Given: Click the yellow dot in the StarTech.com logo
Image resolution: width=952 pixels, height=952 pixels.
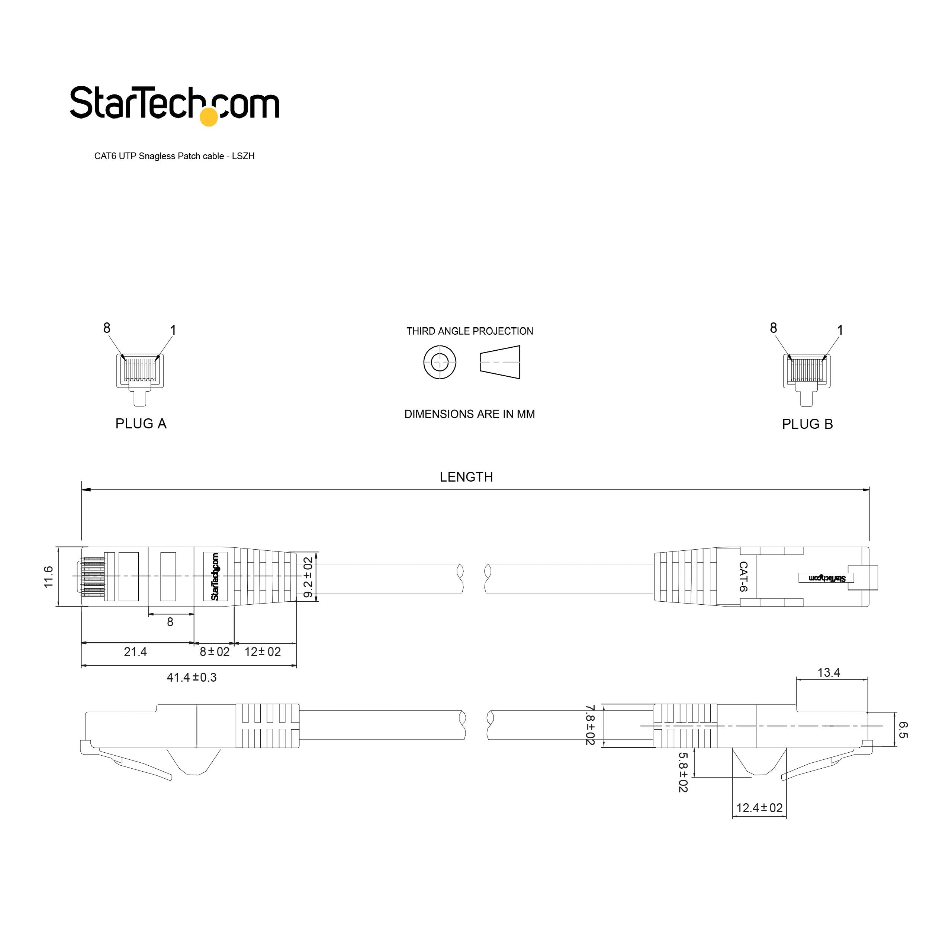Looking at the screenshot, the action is [x=209, y=117].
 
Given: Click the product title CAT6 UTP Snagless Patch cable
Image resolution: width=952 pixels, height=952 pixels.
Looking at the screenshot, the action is [x=159, y=156].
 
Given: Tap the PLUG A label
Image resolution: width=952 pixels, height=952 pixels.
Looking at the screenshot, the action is [x=141, y=424].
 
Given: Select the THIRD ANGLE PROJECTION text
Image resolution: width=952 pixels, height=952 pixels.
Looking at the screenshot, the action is [x=470, y=331].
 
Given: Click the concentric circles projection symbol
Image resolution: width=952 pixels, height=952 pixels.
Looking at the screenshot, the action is [x=440, y=363].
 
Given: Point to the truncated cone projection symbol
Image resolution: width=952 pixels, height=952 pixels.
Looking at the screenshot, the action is [x=500, y=362].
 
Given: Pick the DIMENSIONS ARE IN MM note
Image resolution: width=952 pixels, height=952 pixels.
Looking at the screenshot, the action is [x=470, y=414].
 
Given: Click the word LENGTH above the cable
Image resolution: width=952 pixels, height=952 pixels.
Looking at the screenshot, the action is [x=466, y=477].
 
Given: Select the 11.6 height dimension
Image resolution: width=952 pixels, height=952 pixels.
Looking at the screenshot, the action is [x=48, y=576].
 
